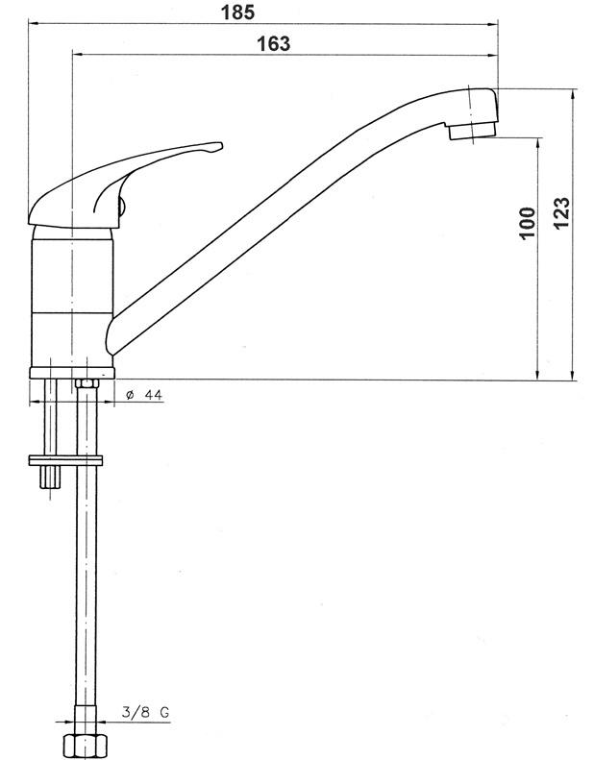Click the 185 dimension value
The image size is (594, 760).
237,12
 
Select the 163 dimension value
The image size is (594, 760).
274,43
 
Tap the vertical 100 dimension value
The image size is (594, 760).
527,223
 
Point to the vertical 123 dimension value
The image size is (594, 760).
561,213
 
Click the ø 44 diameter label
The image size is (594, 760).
144,395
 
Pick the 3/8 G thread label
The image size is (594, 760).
145,713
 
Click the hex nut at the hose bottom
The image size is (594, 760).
86,747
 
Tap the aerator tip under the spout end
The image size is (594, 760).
472,131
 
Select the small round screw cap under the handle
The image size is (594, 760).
122,207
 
